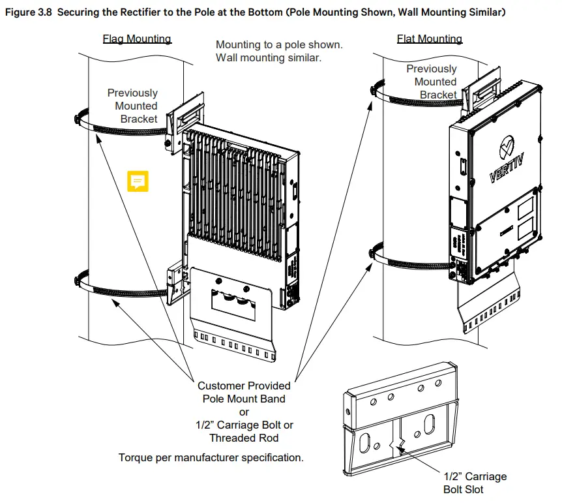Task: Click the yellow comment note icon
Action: tap(138, 181)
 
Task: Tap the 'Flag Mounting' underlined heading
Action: tap(137, 38)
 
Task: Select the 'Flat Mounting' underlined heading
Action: tap(430, 38)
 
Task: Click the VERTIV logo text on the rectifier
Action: tap(507, 167)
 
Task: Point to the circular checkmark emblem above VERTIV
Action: tap(507, 146)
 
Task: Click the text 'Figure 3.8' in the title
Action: tap(29, 12)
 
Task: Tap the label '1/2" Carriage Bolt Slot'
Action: tap(475, 483)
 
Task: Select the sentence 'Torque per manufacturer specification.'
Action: tap(211, 457)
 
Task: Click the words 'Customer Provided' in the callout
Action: tap(244, 386)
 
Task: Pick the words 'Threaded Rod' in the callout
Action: tap(244, 438)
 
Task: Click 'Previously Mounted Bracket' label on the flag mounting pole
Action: tap(132, 106)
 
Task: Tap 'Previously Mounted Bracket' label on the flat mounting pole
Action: tap(432, 82)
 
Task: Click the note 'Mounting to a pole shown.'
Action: tap(279, 45)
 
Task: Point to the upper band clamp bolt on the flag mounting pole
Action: tap(77, 119)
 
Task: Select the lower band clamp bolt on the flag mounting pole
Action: tap(77, 281)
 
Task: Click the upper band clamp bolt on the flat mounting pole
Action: tap(373, 89)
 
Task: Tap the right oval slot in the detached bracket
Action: tap(430, 424)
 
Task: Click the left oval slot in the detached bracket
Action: tap(365, 443)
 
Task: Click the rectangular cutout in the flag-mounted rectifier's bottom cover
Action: tap(233, 305)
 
